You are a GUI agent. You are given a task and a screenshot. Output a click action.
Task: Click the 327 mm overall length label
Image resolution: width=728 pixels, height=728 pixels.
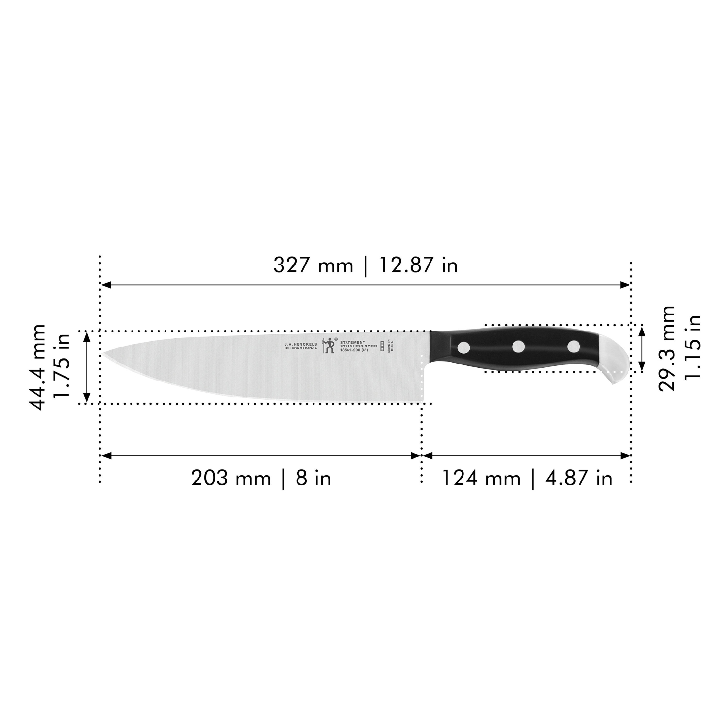313,265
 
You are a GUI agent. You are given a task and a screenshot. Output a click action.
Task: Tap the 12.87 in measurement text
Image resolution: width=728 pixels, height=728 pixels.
418,265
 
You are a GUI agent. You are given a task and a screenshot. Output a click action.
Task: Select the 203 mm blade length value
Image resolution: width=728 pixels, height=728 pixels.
231,479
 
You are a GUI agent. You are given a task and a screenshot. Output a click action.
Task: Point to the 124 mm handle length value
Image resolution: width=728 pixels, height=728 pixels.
480,479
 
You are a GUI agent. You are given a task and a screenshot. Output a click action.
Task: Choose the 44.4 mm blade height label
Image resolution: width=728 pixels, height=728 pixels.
38,367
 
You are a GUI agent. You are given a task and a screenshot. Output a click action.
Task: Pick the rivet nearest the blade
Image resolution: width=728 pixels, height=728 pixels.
464,347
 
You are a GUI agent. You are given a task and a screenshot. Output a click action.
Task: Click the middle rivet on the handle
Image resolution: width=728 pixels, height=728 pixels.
519,347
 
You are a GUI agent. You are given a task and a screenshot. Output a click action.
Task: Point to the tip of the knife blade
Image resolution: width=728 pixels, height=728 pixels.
104,354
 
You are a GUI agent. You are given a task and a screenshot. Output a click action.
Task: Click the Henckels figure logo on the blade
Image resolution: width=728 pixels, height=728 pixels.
330,346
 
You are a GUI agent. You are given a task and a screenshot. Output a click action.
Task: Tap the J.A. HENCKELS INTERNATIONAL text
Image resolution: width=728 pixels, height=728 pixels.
301,346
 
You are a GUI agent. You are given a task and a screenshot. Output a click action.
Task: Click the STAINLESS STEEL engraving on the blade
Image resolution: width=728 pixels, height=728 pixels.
359,346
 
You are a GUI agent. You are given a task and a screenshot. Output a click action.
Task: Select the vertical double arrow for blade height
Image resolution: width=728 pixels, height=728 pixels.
87,367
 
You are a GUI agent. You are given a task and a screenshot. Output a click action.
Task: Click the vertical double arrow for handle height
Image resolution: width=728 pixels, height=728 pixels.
642,348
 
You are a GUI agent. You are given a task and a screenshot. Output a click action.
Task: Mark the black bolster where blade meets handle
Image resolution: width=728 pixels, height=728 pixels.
439,346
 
